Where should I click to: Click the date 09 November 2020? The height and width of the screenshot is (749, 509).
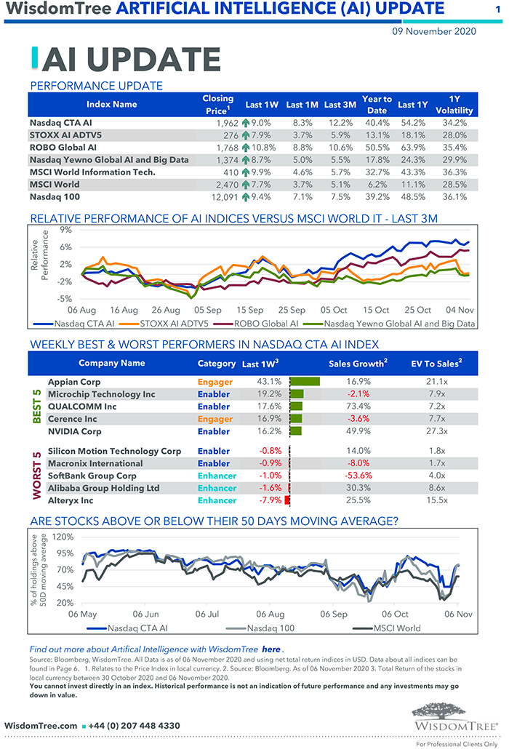click(433, 31)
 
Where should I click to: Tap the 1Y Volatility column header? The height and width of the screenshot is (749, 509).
click(454, 104)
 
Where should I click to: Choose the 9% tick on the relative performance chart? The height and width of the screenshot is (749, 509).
click(66, 230)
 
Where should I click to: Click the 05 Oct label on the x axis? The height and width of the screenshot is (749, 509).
click(334, 310)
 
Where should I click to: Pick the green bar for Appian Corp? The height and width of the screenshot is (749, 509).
click(305, 381)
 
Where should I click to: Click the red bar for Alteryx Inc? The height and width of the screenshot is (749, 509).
click(287, 500)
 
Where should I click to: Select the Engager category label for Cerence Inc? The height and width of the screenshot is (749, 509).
click(215, 419)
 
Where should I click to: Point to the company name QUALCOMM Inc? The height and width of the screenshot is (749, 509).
click(82, 406)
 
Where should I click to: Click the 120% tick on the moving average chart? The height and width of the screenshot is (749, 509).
click(63, 537)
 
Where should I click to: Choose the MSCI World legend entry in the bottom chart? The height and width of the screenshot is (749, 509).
click(396, 628)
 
